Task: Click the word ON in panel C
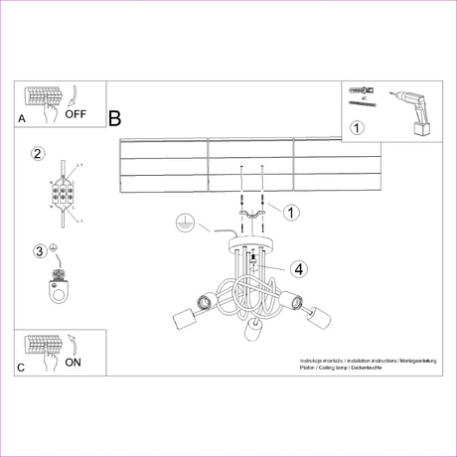(x=73, y=363)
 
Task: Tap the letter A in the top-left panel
(x=22, y=118)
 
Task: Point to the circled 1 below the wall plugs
(x=358, y=127)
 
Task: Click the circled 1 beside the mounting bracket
(x=291, y=212)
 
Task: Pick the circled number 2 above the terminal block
(x=38, y=153)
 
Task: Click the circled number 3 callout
(x=39, y=249)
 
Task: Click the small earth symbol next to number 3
(x=54, y=248)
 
